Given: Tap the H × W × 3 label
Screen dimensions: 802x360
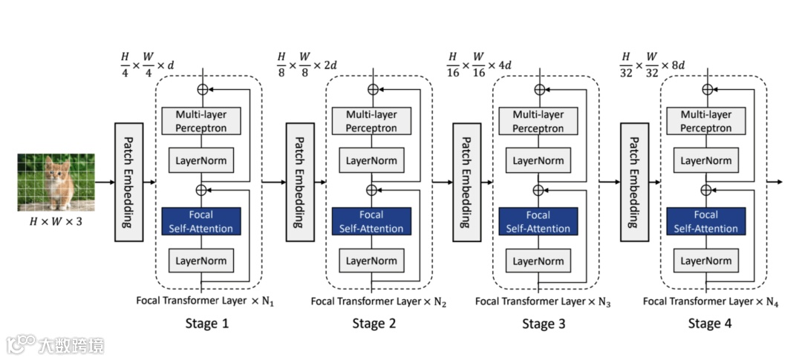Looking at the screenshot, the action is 56,223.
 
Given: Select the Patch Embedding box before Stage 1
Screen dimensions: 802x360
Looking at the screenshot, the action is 128,182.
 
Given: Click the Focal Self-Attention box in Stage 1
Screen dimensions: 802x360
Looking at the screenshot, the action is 201,221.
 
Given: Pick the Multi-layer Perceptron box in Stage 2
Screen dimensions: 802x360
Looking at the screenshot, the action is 371,121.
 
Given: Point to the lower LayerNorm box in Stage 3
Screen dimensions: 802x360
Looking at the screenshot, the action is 538,261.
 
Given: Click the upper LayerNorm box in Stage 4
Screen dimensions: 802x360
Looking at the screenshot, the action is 706,160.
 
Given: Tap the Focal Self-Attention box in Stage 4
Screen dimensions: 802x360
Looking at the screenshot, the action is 706,221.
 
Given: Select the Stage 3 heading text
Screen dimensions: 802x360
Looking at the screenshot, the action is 544,324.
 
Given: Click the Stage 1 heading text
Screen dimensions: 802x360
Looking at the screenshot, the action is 207,324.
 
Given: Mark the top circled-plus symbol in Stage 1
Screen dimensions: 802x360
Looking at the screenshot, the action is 203,89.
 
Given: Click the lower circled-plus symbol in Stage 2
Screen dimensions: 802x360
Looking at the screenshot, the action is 372,190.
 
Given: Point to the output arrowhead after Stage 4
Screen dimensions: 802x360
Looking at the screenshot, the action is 780,182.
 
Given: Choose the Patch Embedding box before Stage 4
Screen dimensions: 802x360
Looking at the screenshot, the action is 635,182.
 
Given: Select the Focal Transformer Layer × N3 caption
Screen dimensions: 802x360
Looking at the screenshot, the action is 543,301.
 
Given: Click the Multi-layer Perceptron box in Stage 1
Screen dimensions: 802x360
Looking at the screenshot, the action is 201,121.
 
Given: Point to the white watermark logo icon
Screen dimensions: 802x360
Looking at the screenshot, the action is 21,344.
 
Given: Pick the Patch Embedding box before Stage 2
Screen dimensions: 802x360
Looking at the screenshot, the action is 300,182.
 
